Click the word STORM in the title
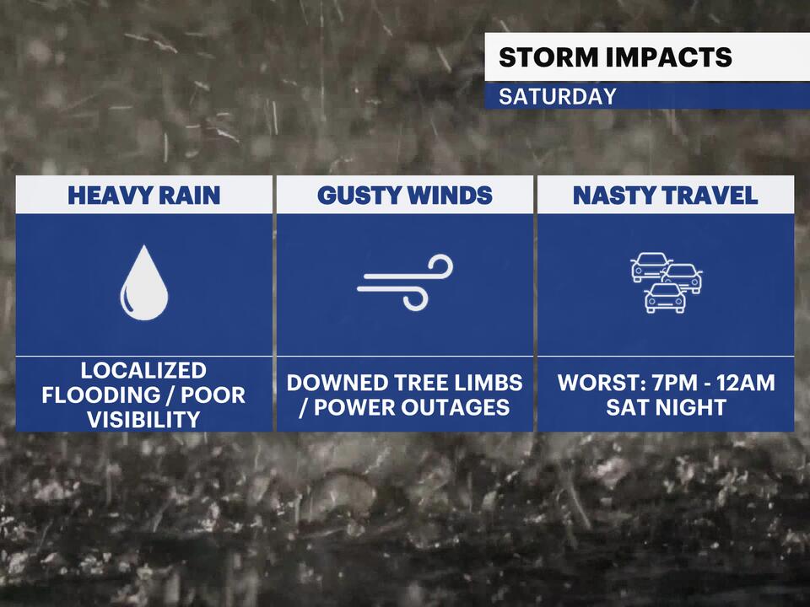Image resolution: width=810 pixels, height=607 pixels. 539,57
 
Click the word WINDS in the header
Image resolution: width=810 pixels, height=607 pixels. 449,196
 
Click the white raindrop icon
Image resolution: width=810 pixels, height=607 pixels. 144,283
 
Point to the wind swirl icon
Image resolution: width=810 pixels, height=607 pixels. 406,282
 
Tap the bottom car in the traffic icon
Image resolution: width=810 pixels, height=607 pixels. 665,298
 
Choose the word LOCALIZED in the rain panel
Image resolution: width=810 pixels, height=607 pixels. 143,370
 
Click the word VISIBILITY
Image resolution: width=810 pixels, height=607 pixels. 143,419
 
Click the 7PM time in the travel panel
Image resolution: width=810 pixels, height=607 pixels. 664,383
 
